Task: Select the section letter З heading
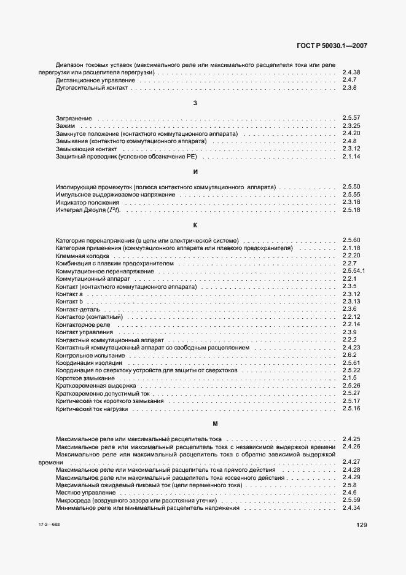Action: point(195,103)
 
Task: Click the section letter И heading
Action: point(195,171)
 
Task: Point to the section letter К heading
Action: point(195,225)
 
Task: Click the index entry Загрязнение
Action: point(74,118)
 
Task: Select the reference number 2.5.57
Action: point(351,118)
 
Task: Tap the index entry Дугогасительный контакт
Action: point(92,88)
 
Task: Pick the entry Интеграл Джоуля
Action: point(88,210)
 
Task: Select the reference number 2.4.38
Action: point(351,72)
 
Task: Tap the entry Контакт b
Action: point(69,302)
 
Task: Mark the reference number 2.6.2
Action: point(349,355)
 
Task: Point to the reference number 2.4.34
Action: point(351,508)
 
